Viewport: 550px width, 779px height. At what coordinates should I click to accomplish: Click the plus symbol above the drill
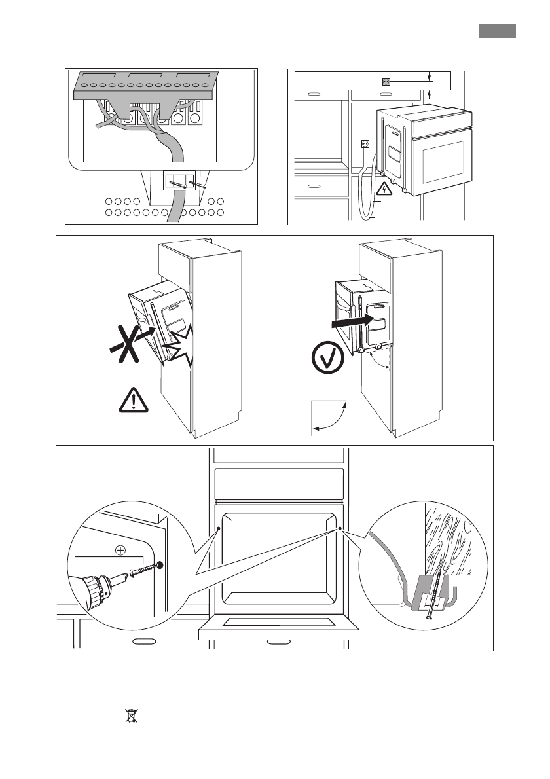(120, 550)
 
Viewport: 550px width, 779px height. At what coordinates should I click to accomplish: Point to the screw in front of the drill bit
(146, 569)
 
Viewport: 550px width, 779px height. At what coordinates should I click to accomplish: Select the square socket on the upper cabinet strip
(386, 82)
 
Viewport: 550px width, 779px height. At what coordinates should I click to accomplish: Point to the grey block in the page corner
(497, 31)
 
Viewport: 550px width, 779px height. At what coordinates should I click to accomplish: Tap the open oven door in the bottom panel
(279, 628)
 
